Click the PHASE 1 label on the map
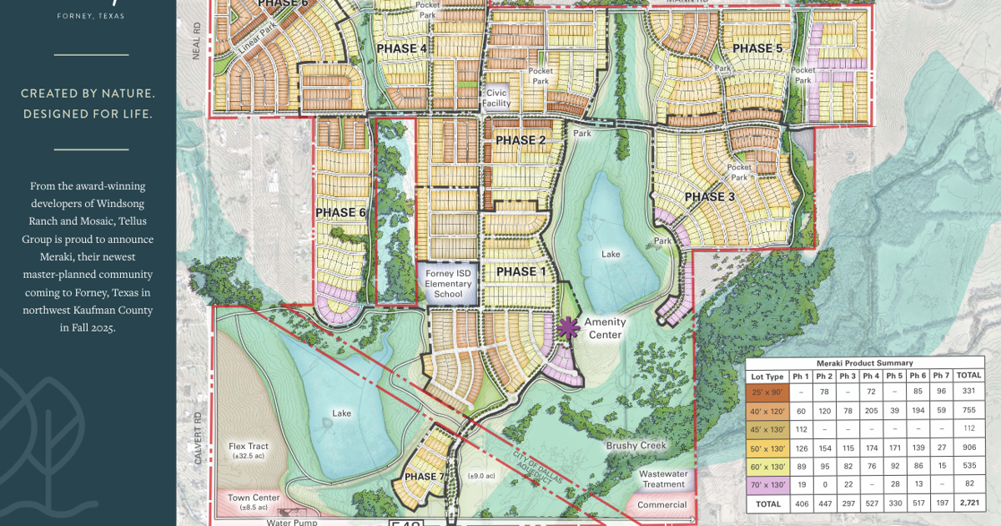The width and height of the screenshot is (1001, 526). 516,272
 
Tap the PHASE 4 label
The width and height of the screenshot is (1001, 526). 402,48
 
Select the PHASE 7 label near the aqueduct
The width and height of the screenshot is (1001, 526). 425,477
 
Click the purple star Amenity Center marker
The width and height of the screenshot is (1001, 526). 568,327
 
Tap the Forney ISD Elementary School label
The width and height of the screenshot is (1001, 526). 448,284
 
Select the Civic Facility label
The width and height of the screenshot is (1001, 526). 495,99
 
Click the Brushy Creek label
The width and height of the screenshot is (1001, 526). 636,446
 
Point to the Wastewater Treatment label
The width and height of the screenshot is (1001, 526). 663,479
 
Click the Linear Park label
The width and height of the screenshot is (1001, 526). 256,52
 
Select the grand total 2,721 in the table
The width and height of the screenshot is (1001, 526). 968,504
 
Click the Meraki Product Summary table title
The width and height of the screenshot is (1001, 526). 865,363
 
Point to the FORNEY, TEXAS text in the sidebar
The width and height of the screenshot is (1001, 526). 91,16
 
